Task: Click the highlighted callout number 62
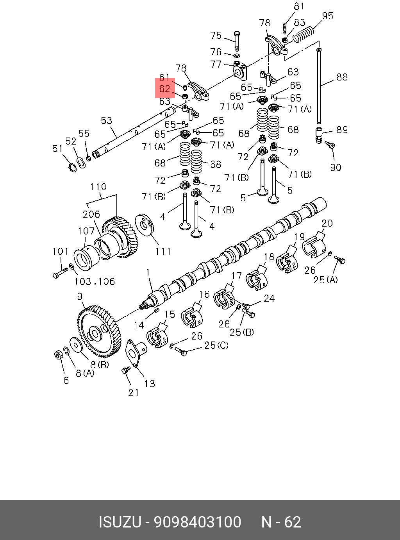164,89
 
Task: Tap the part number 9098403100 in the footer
197,522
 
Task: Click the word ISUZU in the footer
120,522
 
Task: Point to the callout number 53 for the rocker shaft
107,120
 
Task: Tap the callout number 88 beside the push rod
342,77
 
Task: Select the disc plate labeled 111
145,225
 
